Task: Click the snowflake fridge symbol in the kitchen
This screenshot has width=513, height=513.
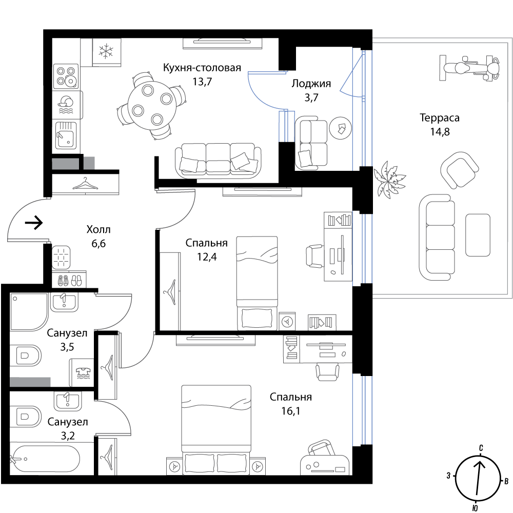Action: (106, 52)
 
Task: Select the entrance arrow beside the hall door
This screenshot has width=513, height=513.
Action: (34, 223)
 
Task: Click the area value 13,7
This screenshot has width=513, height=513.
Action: (202, 82)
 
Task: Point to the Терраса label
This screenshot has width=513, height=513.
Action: (440, 117)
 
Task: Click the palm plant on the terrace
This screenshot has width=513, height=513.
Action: (389, 179)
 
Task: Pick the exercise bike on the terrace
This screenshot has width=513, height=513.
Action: (469, 68)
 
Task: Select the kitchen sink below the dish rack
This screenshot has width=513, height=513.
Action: (66, 134)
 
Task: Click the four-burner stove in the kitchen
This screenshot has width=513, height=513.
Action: (66, 76)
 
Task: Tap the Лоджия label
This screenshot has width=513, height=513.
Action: (311, 84)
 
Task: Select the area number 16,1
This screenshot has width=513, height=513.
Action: (290, 411)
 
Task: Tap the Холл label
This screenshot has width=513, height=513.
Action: (98, 229)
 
